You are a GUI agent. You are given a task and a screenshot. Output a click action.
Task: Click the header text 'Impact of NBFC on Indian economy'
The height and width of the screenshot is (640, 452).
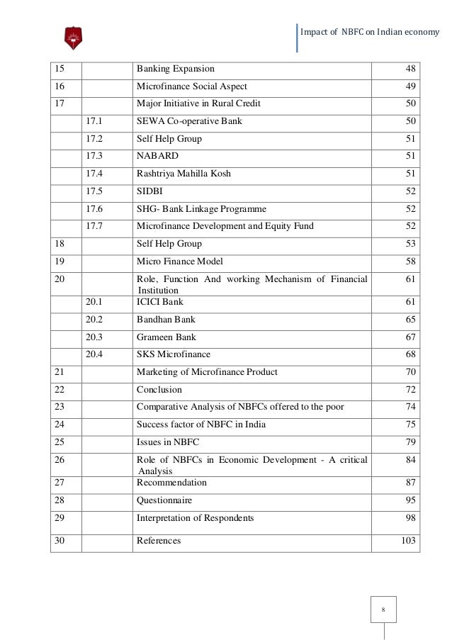pos(370,33)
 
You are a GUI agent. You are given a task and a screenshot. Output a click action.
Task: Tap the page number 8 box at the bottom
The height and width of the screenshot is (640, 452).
pos(383,610)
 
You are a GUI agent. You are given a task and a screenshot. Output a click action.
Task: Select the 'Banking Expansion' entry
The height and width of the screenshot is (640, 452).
pos(176,69)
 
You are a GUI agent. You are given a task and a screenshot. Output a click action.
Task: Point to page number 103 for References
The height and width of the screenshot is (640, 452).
pos(409,541)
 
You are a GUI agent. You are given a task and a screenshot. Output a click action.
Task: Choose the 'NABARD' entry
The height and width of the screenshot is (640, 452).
pos(157,156)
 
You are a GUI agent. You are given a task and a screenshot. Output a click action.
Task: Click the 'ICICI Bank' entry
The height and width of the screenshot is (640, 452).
pos(160,303)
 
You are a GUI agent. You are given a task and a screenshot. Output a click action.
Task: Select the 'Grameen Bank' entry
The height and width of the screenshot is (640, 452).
pos(166,337)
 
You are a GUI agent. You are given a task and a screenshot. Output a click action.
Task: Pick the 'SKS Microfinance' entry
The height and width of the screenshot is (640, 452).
pos(174,354)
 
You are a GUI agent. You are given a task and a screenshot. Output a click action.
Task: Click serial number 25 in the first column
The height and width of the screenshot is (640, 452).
pos(59,442)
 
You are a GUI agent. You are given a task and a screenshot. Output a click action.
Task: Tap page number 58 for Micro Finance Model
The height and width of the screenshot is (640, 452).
pos(410,261)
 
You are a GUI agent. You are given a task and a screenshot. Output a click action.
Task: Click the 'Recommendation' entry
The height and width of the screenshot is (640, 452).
pos(172,483)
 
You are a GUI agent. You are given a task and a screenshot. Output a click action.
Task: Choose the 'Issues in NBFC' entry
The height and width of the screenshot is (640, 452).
pos(168,442)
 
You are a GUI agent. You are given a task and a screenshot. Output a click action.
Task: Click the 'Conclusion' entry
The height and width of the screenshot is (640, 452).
pos(159,390)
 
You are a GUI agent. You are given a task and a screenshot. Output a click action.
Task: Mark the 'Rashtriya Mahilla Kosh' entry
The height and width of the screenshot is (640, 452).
pos(183,174)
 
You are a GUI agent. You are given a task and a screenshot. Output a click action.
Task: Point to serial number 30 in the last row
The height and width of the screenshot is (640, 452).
pos(59,541)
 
